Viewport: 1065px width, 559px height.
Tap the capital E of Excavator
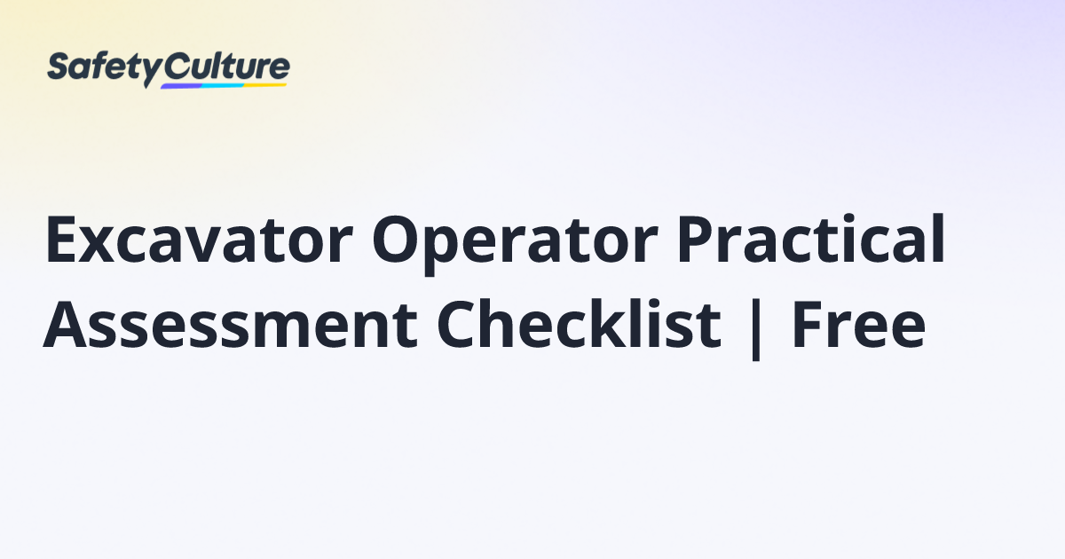click(62, 241)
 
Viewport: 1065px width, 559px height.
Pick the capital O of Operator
click(398, 241)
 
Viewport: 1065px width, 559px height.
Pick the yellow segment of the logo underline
click(266, 84)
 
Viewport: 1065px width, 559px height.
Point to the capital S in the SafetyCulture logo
click(59, 67)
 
